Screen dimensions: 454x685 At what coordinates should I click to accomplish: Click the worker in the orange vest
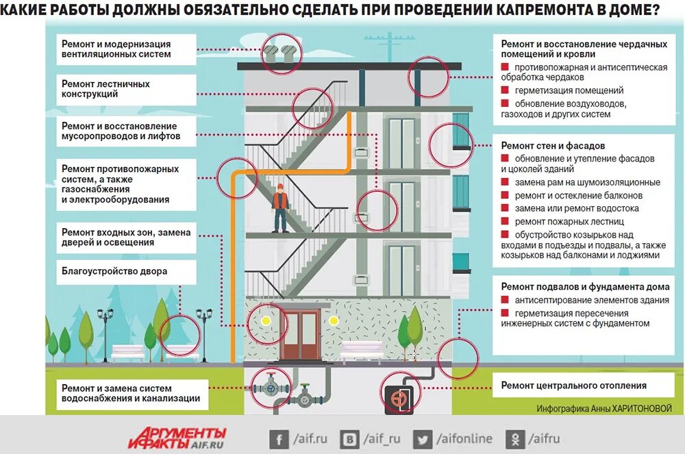click(x=279, y=209)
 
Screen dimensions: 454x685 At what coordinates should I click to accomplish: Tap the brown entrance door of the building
click(x=299, y=334)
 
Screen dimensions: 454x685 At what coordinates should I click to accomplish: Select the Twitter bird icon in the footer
click(x=423, y=439)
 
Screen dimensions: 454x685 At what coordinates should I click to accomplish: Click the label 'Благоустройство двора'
click(x=114, y=271)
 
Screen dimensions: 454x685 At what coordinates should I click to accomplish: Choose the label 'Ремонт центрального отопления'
click(x=574, y=386)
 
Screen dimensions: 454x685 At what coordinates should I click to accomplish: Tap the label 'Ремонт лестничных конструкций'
click(x=105, y=89)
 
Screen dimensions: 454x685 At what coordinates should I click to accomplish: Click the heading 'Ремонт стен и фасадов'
click(x=553, y=146)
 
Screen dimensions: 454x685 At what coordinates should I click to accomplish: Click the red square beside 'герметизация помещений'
click(x=505, y=90)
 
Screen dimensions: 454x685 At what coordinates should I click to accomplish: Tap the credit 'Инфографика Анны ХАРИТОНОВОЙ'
click(x=604, y=408)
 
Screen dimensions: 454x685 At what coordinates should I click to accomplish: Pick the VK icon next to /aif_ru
click(x=351, y=439)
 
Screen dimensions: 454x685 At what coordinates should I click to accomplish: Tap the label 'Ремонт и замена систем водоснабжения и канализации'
click(x=130, y=393)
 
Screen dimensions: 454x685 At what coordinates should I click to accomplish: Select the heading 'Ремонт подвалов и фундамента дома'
click(x=585, y=287)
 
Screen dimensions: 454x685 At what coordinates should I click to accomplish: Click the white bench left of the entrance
click(x=127, y=351)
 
